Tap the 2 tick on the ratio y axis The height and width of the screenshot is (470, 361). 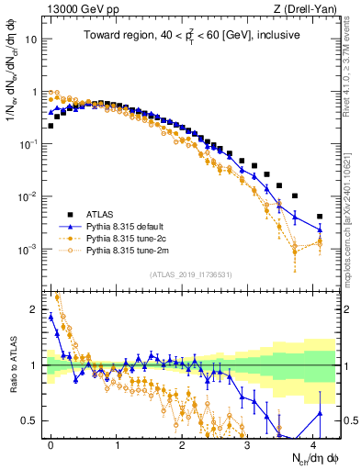pyautogui.click(x=35, y=310)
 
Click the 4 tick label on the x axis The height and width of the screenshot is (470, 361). pyautogui.click(x=313, y=443)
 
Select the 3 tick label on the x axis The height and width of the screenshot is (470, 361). pyautogui.click(x=247, y=443)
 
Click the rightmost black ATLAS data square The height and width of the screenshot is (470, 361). pyautogui.click(x=320, y=217)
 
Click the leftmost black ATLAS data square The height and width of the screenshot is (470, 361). pyautogui.click(x=50, y=126)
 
